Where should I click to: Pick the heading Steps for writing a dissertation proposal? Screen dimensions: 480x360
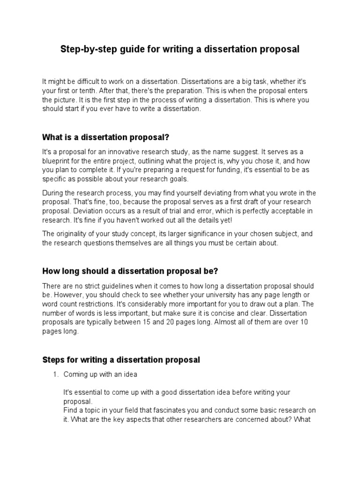121,360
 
